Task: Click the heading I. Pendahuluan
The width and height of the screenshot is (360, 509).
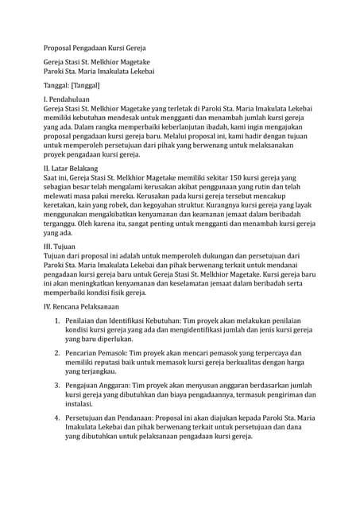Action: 70,100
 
